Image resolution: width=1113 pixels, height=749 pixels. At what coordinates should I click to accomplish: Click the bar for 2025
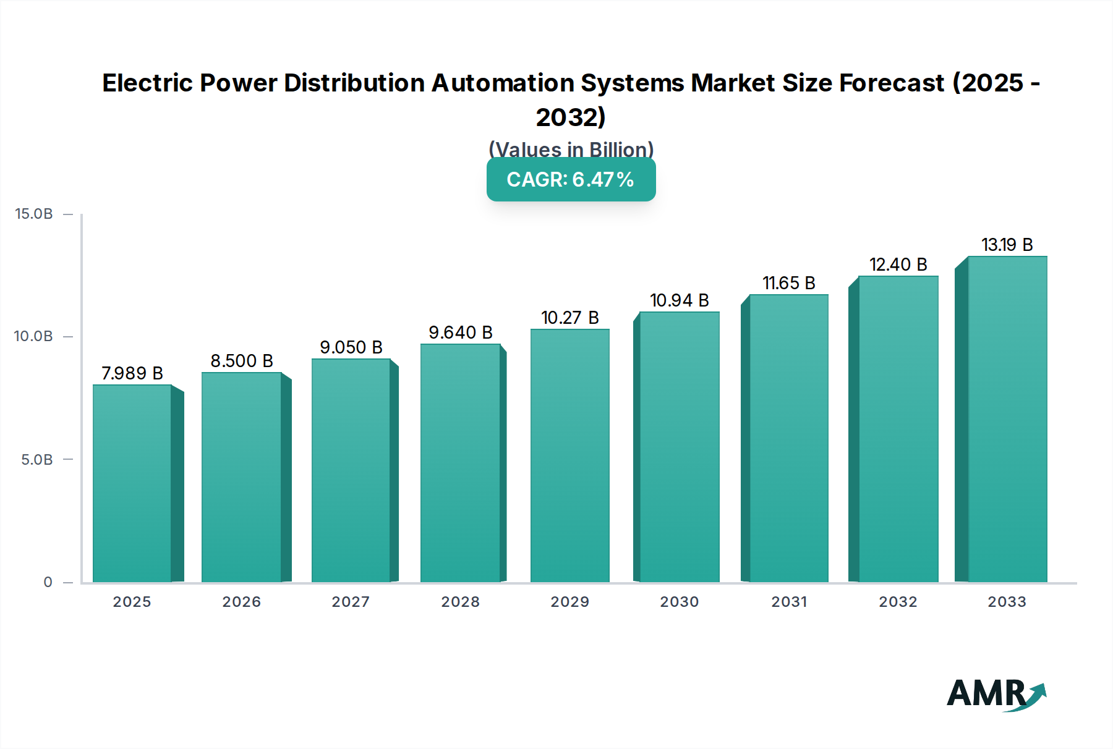pos(132,483)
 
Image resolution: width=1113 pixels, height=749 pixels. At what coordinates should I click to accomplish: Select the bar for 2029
pos(570,455)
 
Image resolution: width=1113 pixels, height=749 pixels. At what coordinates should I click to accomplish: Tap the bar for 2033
pos(1007,419)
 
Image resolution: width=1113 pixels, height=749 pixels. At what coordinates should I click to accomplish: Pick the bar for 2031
pos(788,438)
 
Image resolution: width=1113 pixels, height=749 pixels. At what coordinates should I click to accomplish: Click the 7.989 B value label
pos(132,373)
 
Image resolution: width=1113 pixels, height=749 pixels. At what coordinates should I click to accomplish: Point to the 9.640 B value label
pos(461,332)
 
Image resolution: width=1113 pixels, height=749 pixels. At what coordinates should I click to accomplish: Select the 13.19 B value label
pos(1007,245)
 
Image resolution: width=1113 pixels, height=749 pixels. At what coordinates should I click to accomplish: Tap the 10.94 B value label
pos(679,300)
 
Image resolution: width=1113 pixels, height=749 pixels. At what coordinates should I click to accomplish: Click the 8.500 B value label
pos(242,361)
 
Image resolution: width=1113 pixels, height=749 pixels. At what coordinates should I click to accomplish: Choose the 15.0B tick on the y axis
pos(34,214)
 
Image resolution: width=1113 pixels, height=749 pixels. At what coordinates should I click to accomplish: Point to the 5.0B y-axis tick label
pos(37,460)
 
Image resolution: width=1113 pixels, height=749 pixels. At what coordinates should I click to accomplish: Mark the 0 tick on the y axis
pos(48,582)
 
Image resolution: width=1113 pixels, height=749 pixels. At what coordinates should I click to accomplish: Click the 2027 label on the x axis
pos(351,602)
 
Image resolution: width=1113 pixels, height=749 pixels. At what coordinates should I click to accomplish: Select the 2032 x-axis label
pos(898,602)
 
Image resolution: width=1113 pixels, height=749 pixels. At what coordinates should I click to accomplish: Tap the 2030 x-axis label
pos(679,602)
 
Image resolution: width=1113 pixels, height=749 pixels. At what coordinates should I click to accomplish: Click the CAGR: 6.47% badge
pos(571,179)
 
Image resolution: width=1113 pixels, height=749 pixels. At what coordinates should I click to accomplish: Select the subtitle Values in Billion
pos(571,150)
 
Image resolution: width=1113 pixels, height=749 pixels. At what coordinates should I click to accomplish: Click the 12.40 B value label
pos(898,264)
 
